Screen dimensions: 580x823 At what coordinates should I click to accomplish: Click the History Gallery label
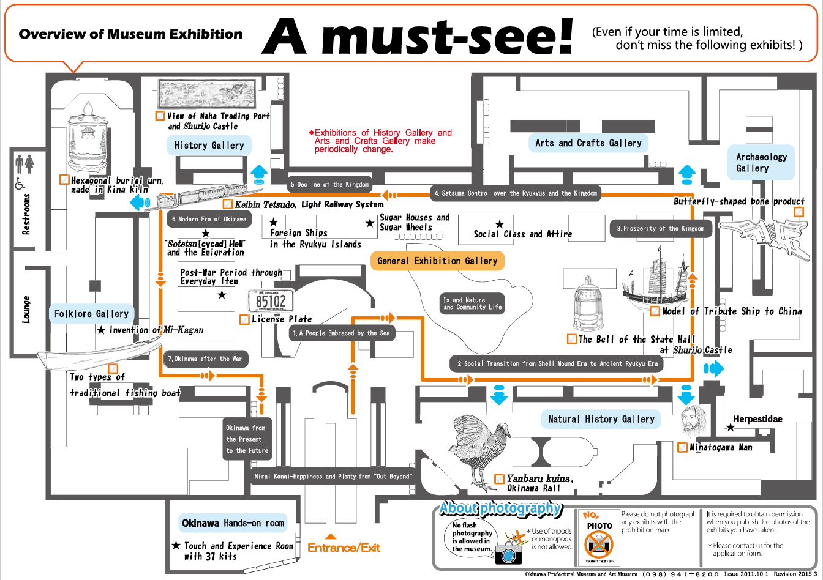tap(209, 146)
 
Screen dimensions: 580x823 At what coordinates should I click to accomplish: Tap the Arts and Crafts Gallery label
tap(588, 143)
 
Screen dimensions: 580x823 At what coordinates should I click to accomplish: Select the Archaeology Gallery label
tap(761, 163)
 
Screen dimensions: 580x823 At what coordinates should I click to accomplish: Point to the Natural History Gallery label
tap(601, 419)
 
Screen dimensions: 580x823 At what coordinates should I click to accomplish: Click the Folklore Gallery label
tap(91, 314)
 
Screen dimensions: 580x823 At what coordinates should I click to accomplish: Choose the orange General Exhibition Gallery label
tap(437, 261)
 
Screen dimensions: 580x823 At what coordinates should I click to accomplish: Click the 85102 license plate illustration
tap(271, 301)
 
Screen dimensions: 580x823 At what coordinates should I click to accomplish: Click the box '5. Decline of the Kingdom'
tap(329, 184)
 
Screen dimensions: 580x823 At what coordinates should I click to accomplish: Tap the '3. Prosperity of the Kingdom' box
tap(660, 228)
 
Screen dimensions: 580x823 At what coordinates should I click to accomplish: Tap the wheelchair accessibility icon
tap(20, 182)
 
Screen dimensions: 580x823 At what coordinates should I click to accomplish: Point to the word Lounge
tap(26, 310)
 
